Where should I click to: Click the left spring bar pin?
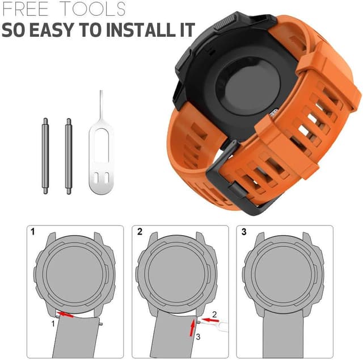coord(45,156)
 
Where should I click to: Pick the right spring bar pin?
coord(69,156)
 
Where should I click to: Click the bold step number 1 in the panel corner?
coord(32,232)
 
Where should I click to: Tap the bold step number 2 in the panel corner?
coord(140,232)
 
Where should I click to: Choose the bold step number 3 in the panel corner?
coord(244,232)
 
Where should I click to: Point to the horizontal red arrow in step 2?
coord(209,320)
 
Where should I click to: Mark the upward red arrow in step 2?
coord(194,327)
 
